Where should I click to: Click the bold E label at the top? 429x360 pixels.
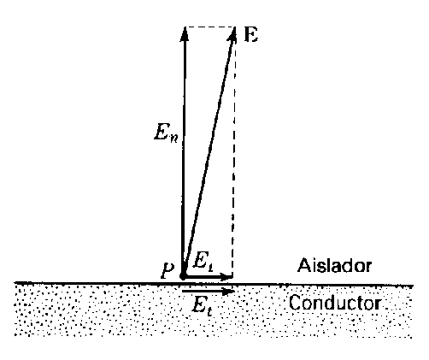tap(251, 35)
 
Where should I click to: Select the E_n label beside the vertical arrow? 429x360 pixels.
tap(166, 133)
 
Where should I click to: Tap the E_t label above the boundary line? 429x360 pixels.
tap(203, 261)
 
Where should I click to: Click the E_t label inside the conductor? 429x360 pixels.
tap(202, 306)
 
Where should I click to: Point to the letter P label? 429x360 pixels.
tap(167, 270)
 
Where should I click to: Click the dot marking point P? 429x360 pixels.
tap(183, 276)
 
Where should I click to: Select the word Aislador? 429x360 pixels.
tap(334, 266)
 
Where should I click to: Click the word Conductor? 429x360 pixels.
tap(335, 303)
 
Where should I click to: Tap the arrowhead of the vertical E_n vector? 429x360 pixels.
tap(185, 34)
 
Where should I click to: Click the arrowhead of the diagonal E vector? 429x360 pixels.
tap(232, 35)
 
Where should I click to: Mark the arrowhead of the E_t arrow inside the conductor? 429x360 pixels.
tap(228, 292)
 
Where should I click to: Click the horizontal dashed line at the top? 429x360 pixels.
tap(210, 27)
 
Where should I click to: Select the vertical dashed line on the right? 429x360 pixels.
tap(234, 152)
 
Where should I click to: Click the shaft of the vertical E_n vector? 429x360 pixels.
tap(184, 152)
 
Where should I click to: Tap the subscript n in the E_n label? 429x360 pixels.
tap(173, 138)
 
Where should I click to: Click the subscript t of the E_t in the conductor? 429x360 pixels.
tap(209, 312)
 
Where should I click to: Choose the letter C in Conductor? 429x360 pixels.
tap(295, 303)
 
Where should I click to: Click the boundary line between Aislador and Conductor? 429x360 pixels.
tap(214, 284)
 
